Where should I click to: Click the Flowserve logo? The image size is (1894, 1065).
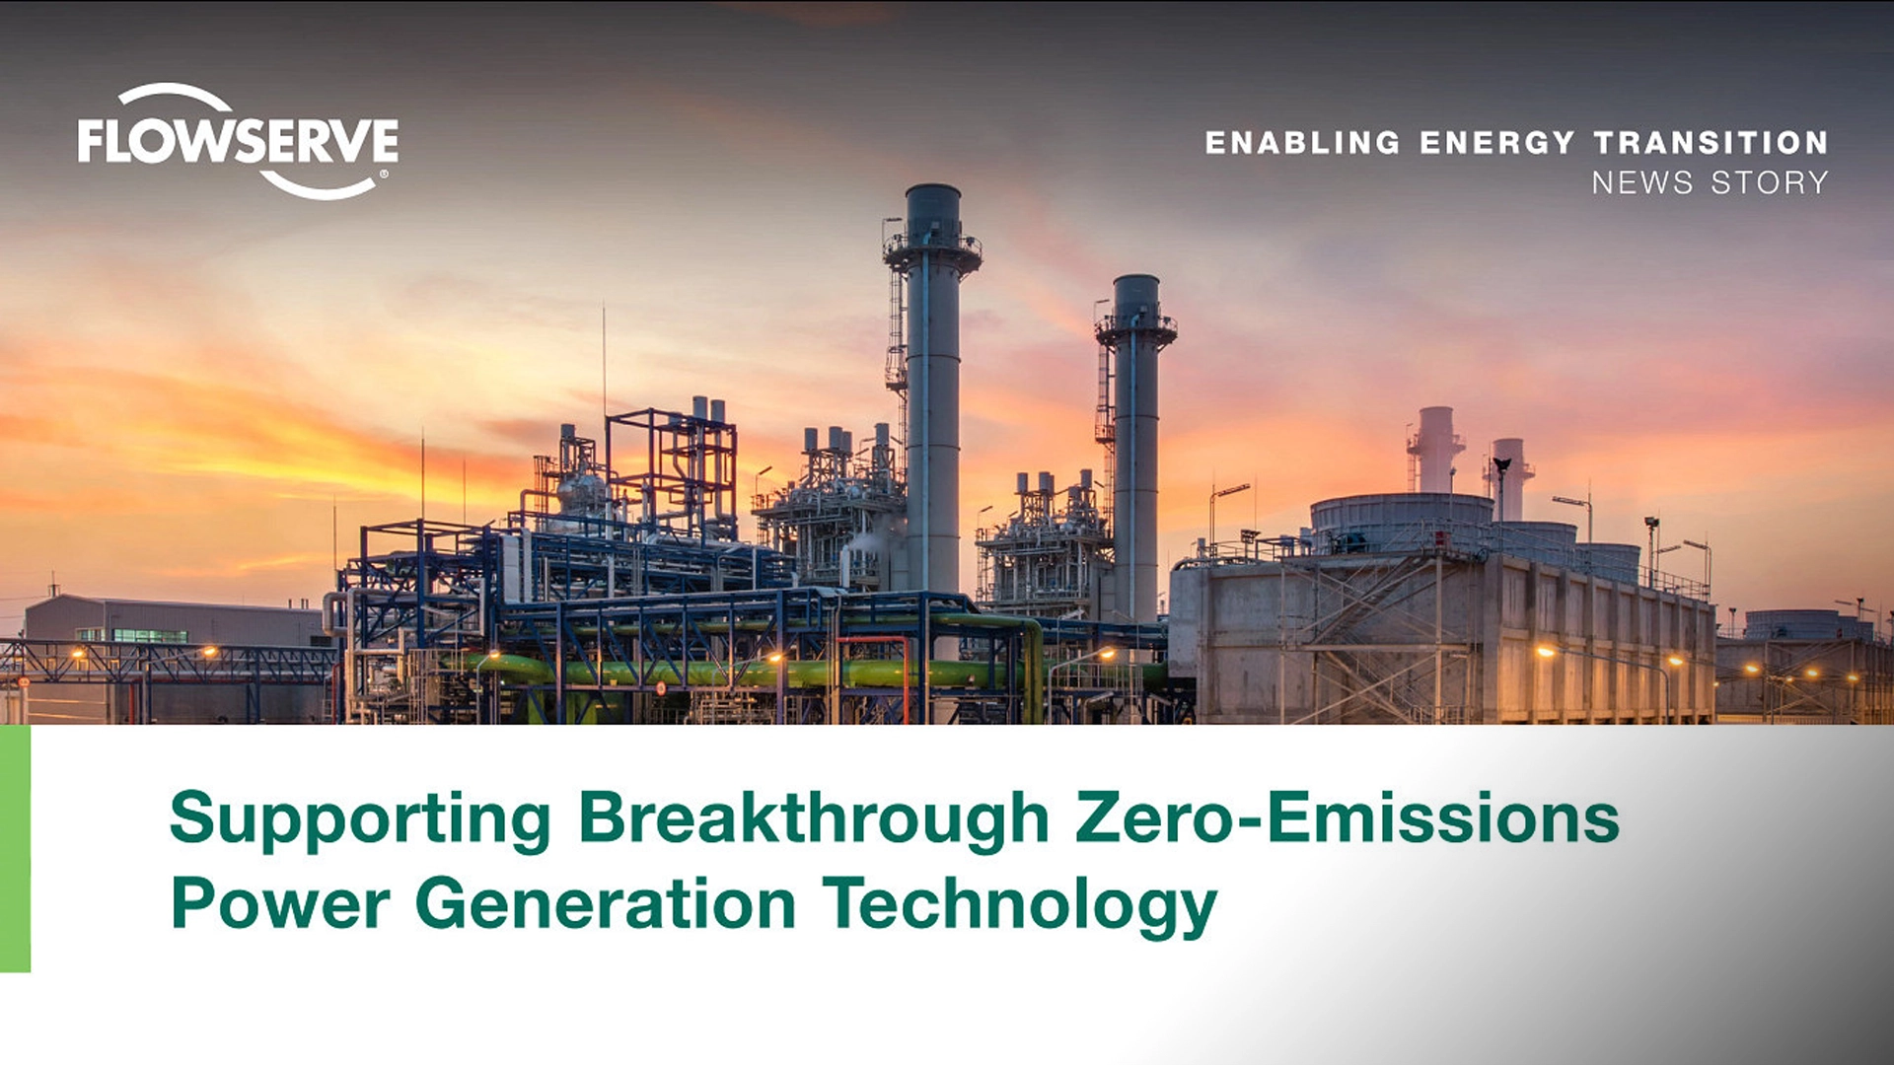(238, 141)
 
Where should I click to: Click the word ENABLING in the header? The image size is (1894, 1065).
(1302, 143)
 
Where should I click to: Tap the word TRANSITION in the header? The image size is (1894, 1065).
(1712, 143)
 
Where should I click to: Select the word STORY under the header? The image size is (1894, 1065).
(1770, 182)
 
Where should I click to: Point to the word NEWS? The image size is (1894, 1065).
(1642, 182)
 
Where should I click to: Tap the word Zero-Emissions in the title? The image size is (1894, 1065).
(1348, 818)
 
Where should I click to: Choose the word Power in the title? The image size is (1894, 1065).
(280, 903)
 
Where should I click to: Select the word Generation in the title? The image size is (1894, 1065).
(606, 903)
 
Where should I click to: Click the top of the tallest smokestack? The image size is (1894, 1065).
(932, 187)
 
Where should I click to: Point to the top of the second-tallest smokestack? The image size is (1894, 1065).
(1136, 279)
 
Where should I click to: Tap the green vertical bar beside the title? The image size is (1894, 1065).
(15, 849)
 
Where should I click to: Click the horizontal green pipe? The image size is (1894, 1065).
(750, 674)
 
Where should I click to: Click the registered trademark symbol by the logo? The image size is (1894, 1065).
(383, 176)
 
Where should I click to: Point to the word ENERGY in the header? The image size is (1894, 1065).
(1496, 143)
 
